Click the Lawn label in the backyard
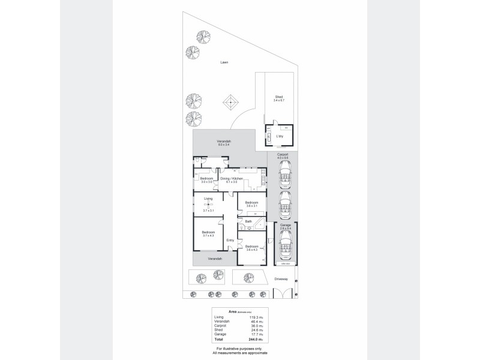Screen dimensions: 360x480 224,62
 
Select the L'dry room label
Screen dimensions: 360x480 279,136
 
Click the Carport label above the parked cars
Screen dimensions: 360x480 283,155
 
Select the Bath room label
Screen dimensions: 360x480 248,221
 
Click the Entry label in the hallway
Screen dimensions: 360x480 230,241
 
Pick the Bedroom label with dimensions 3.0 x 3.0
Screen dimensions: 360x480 206,179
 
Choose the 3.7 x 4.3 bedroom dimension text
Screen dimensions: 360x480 208,236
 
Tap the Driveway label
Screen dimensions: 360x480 283,279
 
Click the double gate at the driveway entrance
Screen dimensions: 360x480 283,294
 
